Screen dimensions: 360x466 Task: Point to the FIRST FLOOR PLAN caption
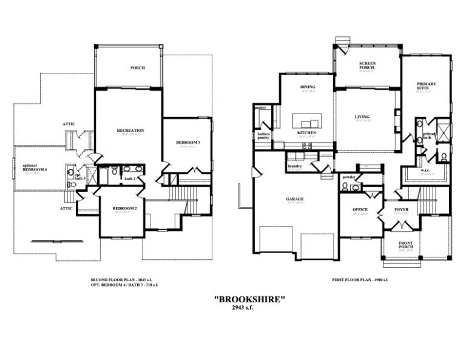coord(360,279)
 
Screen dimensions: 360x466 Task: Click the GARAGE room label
coord(295,199)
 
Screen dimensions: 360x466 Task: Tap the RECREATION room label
coord(130,131)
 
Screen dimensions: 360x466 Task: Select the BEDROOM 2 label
coord(124,209)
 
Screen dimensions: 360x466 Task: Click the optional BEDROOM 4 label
coord(35,168)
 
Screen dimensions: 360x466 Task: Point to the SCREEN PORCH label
coord(367,66)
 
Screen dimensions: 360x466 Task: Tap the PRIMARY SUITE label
coord(427,86)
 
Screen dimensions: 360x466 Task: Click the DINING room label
coord(308,87)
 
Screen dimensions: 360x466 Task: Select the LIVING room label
coord(362,117)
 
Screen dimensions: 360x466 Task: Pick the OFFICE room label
coord(360,209)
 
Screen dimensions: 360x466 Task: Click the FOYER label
coord(402,209)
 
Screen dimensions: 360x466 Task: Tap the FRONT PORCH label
coord(405,246)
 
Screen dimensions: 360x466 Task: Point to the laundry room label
coord(295,166)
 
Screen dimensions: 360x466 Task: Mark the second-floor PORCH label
coord(138,68)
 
